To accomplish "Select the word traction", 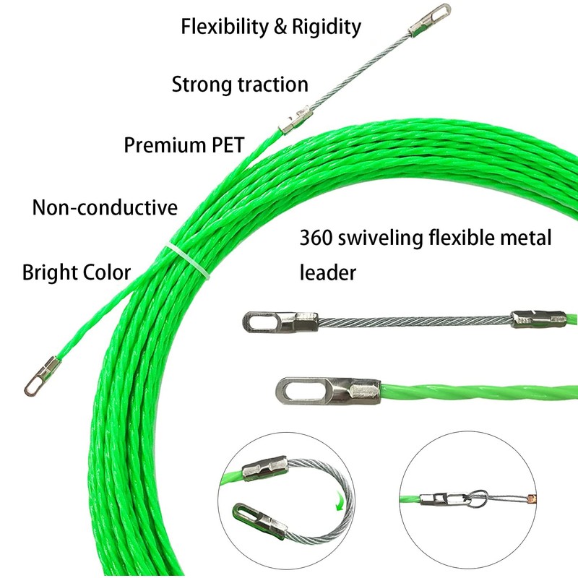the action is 273,85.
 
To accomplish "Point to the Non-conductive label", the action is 105,208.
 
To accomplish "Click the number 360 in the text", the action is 316,238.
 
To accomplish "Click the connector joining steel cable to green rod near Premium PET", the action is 295,118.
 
